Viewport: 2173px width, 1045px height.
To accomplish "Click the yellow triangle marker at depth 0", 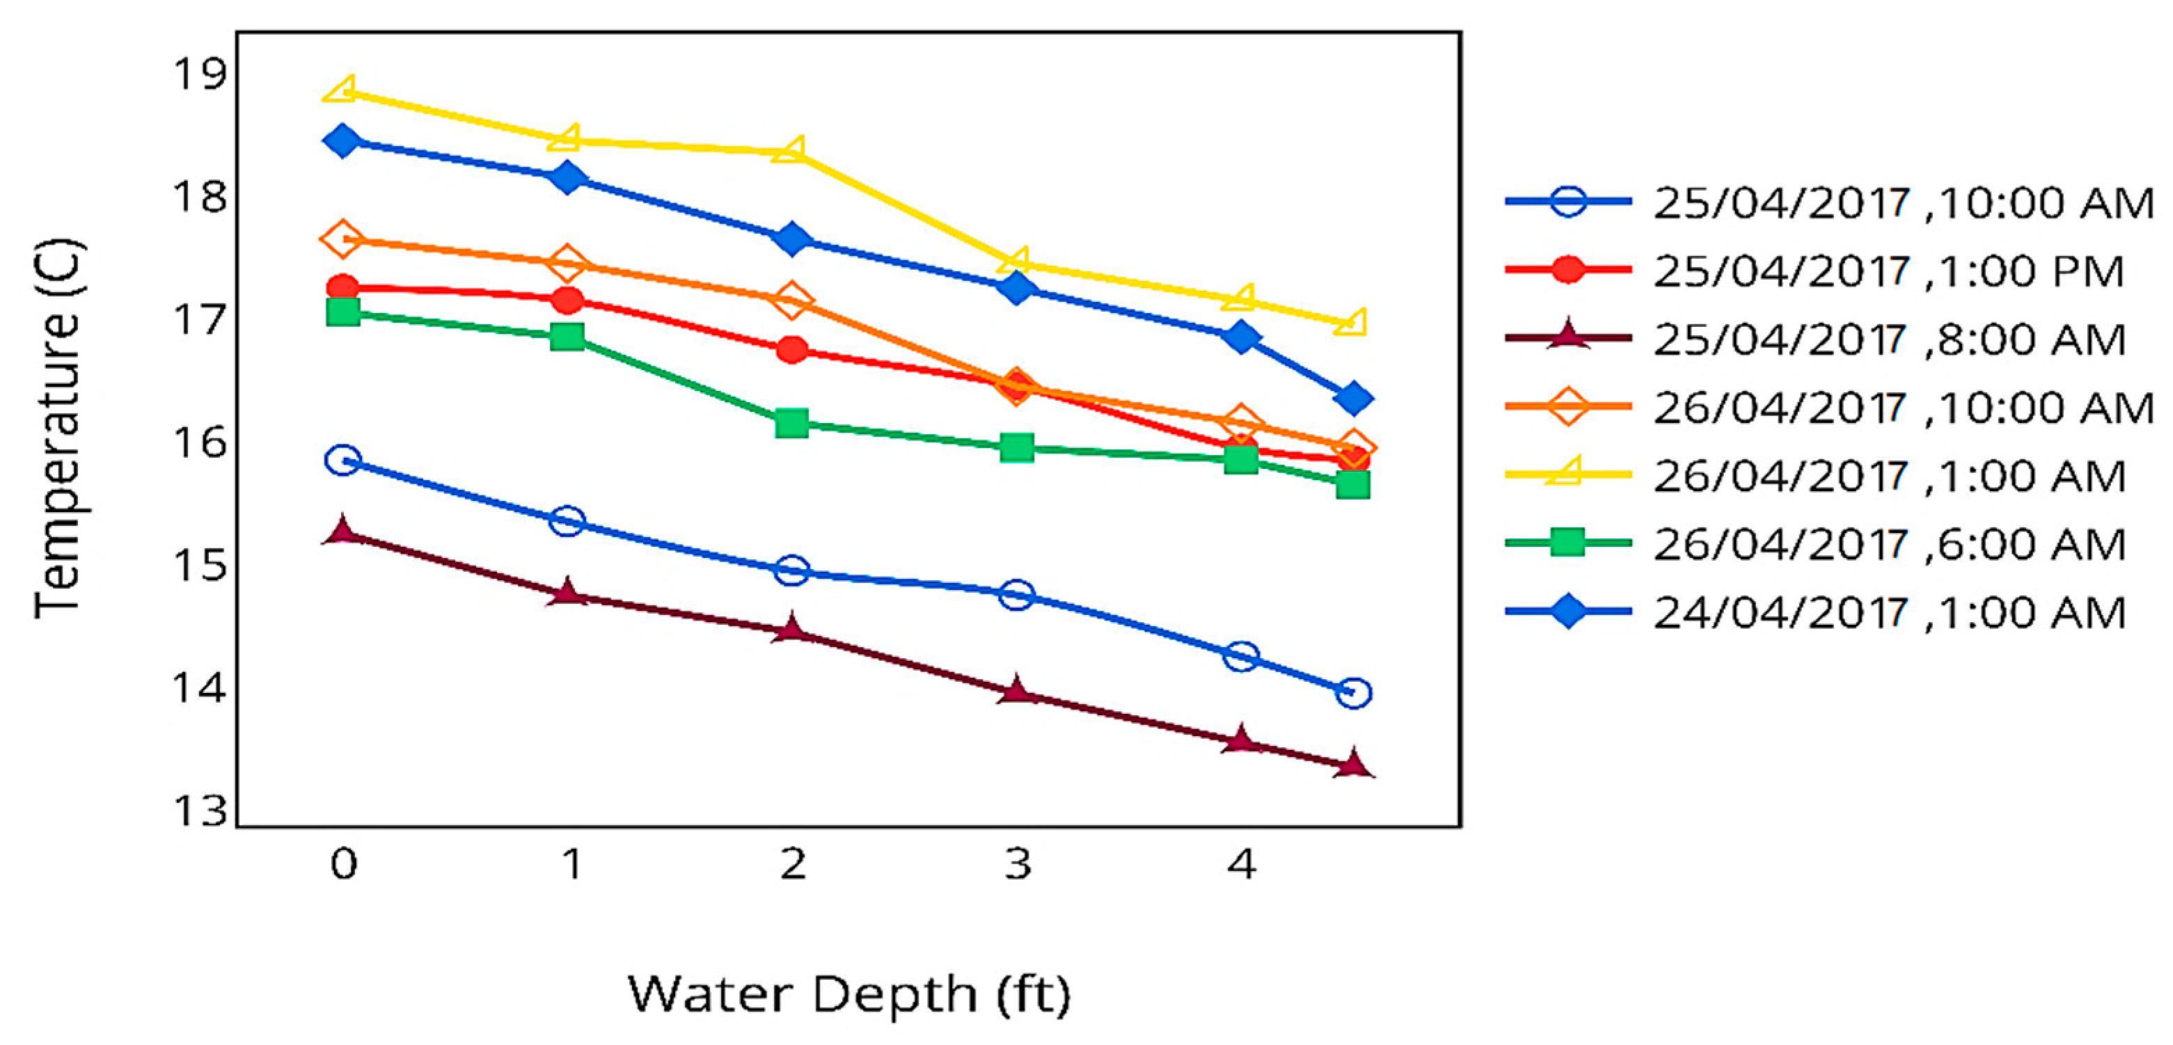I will (x=342, y=90).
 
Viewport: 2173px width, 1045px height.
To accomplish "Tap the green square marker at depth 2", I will (x=791, y=422).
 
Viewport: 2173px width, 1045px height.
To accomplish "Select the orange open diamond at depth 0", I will (x=342, y=239).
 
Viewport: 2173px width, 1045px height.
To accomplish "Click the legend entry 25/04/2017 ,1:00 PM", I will (x=1887, y=271).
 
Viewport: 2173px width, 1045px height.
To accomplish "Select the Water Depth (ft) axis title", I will (x=848, y=994).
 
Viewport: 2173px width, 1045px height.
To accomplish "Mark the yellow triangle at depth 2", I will (x=791, y=151).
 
